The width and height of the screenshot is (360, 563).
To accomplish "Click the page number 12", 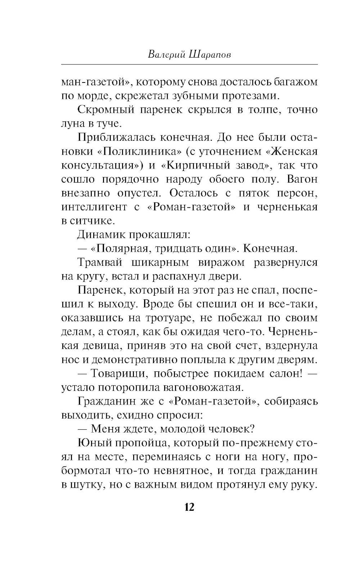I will [x=189, y=507].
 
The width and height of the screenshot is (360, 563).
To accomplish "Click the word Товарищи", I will [x=118, y=374].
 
